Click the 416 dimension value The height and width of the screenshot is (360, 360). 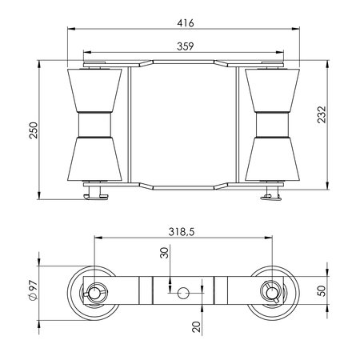(x=186, y=23)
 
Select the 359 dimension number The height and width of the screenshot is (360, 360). (x=186, y=46)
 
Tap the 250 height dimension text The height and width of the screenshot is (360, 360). (x=34, y=130)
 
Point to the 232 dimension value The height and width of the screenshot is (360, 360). (x=322, y=114)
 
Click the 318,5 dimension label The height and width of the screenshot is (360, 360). (x=182, y=232)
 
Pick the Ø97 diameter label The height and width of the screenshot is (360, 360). (x=33, y=290)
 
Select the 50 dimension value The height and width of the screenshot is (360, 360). (x=322, y=290)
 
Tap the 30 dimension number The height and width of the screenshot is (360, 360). (x=165, y=253)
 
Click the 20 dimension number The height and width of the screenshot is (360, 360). (x=197, y=326)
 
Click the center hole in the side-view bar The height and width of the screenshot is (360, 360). (x=183, y=293)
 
